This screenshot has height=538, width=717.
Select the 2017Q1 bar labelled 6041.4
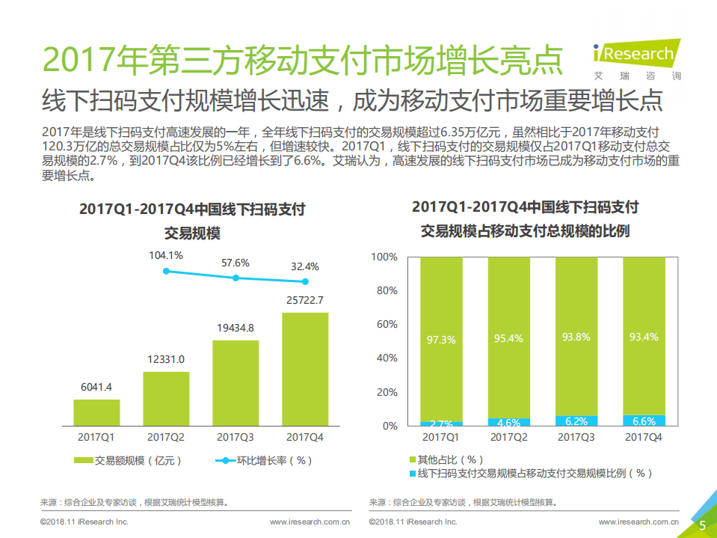click(x=96, y=412)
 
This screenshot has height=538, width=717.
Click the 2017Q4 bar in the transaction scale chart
click(x=305, y=369)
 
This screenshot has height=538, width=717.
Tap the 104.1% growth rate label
click(x=166, y=256)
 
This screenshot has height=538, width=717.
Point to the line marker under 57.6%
click(x=236, y=278)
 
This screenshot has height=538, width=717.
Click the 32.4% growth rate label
click(x=305, y=266)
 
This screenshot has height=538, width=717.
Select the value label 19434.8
click(x=236, y=328)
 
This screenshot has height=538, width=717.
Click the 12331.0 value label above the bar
click(x=166, y=359)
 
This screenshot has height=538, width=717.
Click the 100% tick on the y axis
click(x=385, y=257)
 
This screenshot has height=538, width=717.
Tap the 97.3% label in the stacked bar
click(x=441, y=340)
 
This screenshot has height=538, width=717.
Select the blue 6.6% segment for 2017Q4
click(x=644, y=421)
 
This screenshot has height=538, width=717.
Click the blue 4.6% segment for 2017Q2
click(x=508, y=422)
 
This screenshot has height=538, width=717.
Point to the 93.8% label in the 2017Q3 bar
click(x=576, y=337)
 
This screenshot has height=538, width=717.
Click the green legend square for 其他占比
click(x=412, y=459)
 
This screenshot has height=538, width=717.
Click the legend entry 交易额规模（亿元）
click(x=128, y=460)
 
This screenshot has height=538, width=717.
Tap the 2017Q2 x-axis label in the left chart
click(x=166, y=437)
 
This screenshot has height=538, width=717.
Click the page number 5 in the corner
click(x=702, y=525)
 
